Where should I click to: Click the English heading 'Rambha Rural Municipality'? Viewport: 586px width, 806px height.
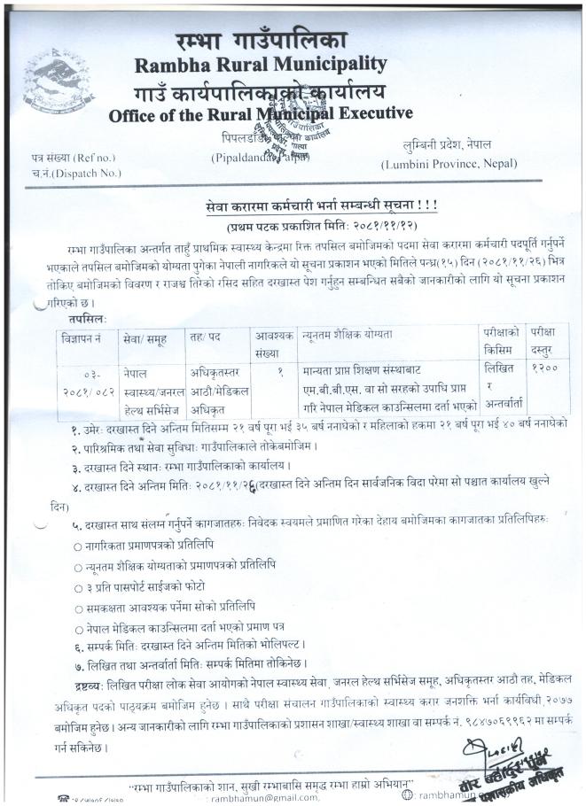[x=261, y=64]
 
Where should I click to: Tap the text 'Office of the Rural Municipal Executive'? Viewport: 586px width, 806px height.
[x=260, y=114]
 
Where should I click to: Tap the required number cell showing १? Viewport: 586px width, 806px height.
[x=279, y=367]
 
